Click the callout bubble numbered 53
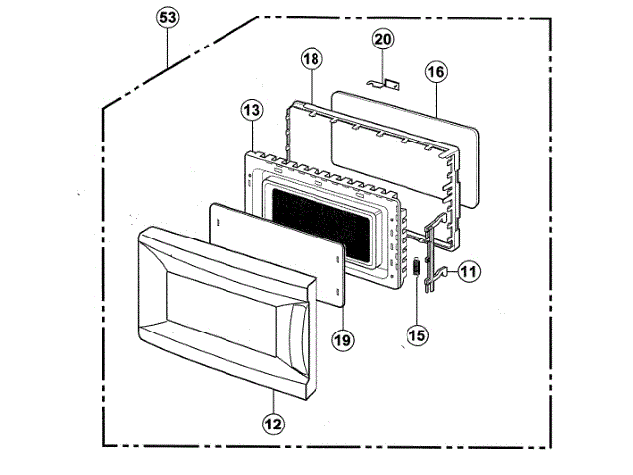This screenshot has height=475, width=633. (170, 19)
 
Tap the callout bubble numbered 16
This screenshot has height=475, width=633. (437, 71)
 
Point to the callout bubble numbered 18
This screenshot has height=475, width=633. (312, 59)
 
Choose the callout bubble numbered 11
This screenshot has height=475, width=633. (467, 269)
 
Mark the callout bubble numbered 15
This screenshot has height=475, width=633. (418, 334)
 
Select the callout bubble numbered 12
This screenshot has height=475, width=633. (273, 424)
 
